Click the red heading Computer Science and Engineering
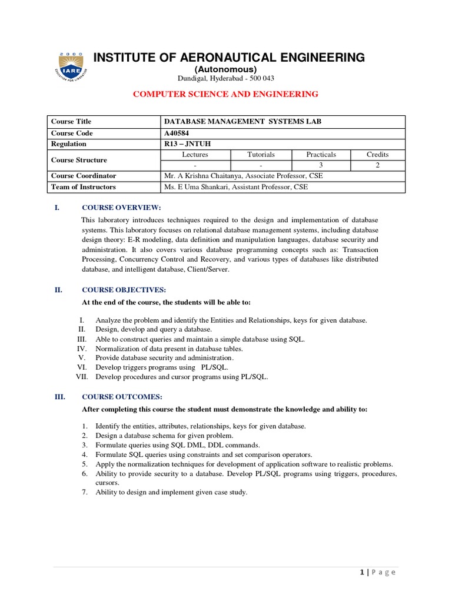225,94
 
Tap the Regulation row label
68,144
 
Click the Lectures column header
195,155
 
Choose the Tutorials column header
261,155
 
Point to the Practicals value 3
321,165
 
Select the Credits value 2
377,165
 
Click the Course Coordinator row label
83,176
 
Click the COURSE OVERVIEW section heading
121,208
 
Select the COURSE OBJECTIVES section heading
124,290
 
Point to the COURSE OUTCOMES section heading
122,397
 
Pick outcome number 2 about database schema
164,436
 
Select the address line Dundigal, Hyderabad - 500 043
226,79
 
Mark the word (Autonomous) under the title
226,69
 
